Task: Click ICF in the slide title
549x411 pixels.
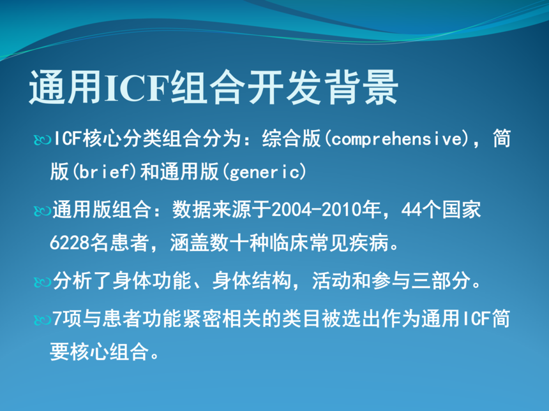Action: tap(137, 87)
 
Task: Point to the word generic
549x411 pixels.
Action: tap(265, 172)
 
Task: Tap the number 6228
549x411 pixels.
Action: tap(70, 242)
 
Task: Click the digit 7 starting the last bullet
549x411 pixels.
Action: tap(57, 319)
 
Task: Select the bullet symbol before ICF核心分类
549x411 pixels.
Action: tap(42, 140)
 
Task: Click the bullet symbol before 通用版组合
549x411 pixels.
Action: tap(42, 211)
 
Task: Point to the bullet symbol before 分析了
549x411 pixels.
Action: tap(42, 282)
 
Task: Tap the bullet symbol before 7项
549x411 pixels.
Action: tap(42, 319)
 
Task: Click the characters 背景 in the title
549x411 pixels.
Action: tap(362, 87)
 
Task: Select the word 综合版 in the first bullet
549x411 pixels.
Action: tap(291, 138)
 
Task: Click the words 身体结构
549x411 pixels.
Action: tap(252, 280)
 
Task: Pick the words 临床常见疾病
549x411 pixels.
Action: tap(329, 243)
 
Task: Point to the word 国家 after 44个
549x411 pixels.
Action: tap(462, 210)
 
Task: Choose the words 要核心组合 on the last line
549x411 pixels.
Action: tap(99, 352)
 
